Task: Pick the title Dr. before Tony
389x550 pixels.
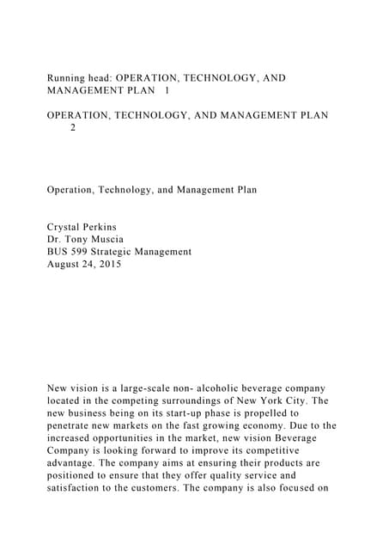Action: (x=55, y=240)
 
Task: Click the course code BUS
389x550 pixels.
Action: (x=58, y=252)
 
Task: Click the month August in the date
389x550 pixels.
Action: (x=64, y=265)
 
